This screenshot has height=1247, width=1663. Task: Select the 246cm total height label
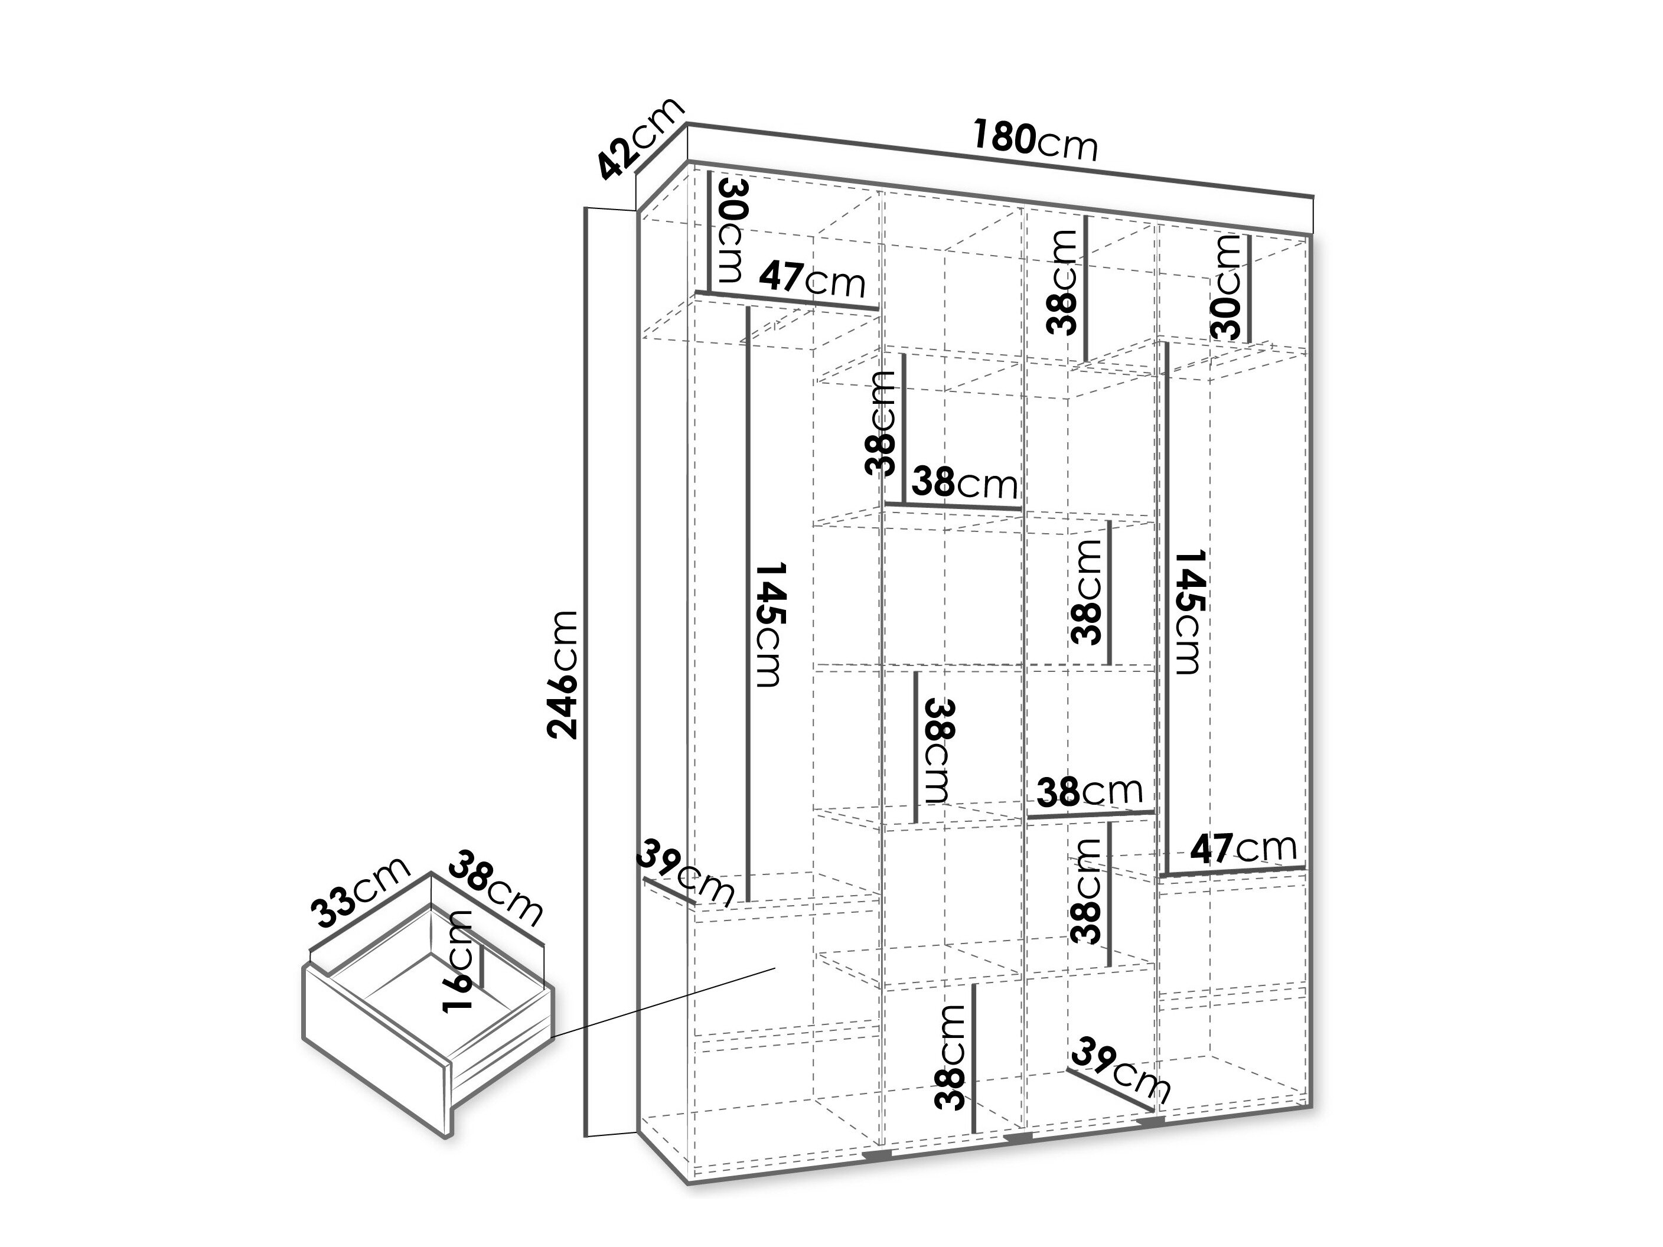(x=563, y=674)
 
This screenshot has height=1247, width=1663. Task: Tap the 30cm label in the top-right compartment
(x=1226, y=286)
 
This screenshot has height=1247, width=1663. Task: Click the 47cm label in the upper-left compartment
(x=812, y=280)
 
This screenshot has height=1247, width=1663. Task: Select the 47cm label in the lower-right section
(x=1244, y=848)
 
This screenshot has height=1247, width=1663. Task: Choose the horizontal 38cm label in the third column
(x=1090, y=791)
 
